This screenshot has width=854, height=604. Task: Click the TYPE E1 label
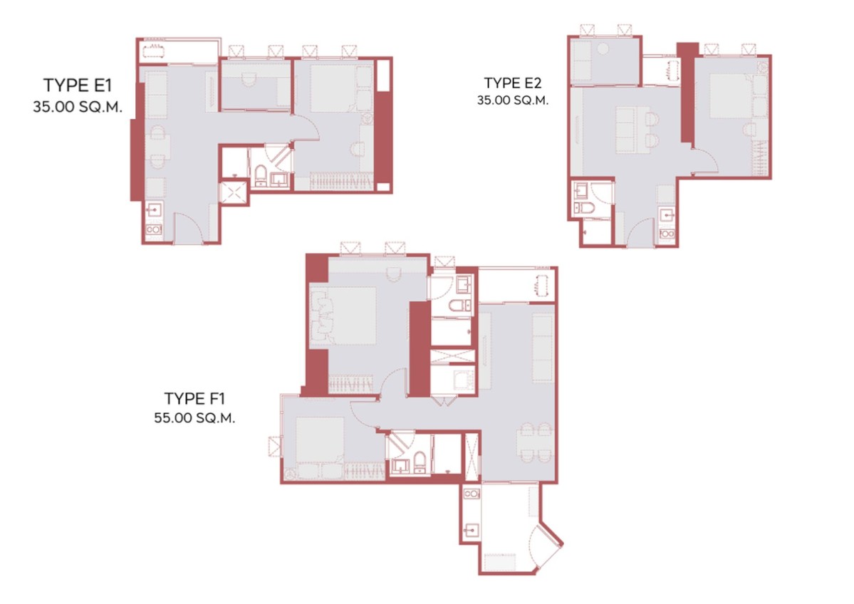pyautogui.click(x=78, y=85)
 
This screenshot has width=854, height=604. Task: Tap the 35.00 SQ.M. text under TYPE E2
pyautogui.click(x=513, y=100)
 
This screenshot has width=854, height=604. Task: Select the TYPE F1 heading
pyautogui.click(x=194, y=399)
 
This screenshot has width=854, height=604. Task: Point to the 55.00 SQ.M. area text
pyautogui.click(x=194, y=417)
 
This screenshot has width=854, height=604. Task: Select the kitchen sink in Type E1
pyautogui.click(x=154, y=209)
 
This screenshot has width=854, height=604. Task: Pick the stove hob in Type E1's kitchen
pyautogui.click(x=154, y=229)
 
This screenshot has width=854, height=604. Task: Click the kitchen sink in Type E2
pyautogui.click(x=667, y=216)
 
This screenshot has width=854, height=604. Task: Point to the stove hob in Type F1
pyautogui.click(x=472, y=494)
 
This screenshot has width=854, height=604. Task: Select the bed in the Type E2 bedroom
pyautogui.click(x=730, y=95)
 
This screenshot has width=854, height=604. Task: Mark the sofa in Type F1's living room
pyautogui.click(x=543, y=348)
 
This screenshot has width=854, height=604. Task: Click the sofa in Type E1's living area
pyautogui.click(x=156, y=94)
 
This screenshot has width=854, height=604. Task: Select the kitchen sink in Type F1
pyautogui.click(x=472, y=529)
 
